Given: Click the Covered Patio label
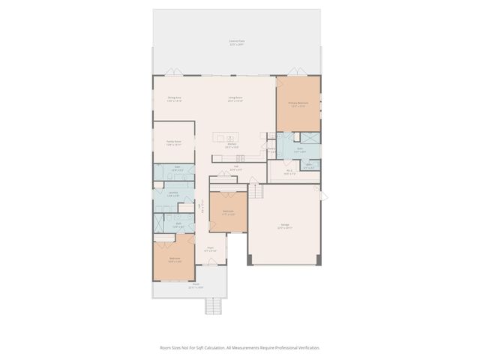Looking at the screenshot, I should coord(236,43).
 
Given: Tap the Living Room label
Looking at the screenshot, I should coord(235,99).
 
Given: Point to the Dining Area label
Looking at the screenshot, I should coord(175,99).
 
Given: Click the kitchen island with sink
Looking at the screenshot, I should coord(226,137).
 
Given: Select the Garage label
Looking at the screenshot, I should coord(284,226).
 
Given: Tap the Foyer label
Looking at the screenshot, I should coord(211,249).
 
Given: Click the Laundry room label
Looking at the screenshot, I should coord(172,194).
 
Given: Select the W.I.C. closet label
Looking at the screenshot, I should coord(289,172).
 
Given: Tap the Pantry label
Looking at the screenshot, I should coord(271,149).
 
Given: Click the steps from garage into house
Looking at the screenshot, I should coord(257,192).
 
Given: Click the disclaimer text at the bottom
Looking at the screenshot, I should coord(239,347).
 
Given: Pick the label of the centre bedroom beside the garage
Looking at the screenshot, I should coord(228,212).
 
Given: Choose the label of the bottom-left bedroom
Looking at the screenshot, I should coord(174,259).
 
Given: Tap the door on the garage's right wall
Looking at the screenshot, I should coord(324,196).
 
